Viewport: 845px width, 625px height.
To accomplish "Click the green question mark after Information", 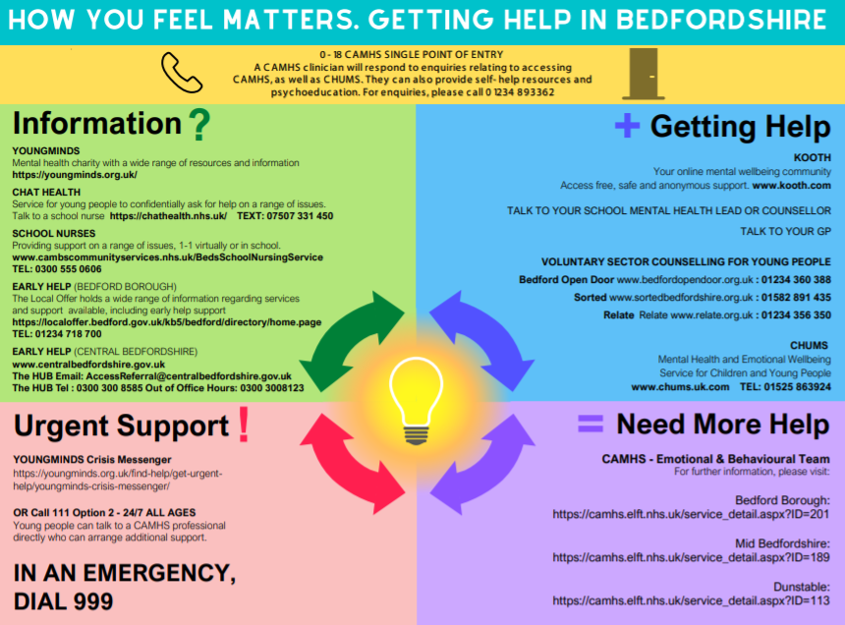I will pyautogui.click(x=199, y=125).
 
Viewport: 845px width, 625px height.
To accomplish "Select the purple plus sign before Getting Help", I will pyautogui.click(x=626, y=125).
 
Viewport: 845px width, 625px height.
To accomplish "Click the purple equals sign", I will pyautogui.click(x=590, y=424).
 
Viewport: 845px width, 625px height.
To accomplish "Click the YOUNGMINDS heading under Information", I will pyautogui.click(x=46, y=151).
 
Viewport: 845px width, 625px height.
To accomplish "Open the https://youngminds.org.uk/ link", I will pyautogui.click(x=75, y=175).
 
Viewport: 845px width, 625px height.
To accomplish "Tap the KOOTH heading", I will pyautogui.click(x=812, y=157).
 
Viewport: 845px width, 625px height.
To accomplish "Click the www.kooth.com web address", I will pyautogui.click(x=792, y=185).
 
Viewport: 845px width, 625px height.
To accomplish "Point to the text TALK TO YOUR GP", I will pyautogui.click(x=785, y=232).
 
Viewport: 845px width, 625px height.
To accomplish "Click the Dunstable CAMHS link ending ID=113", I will pyautogui.click(x=692, y=599).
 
